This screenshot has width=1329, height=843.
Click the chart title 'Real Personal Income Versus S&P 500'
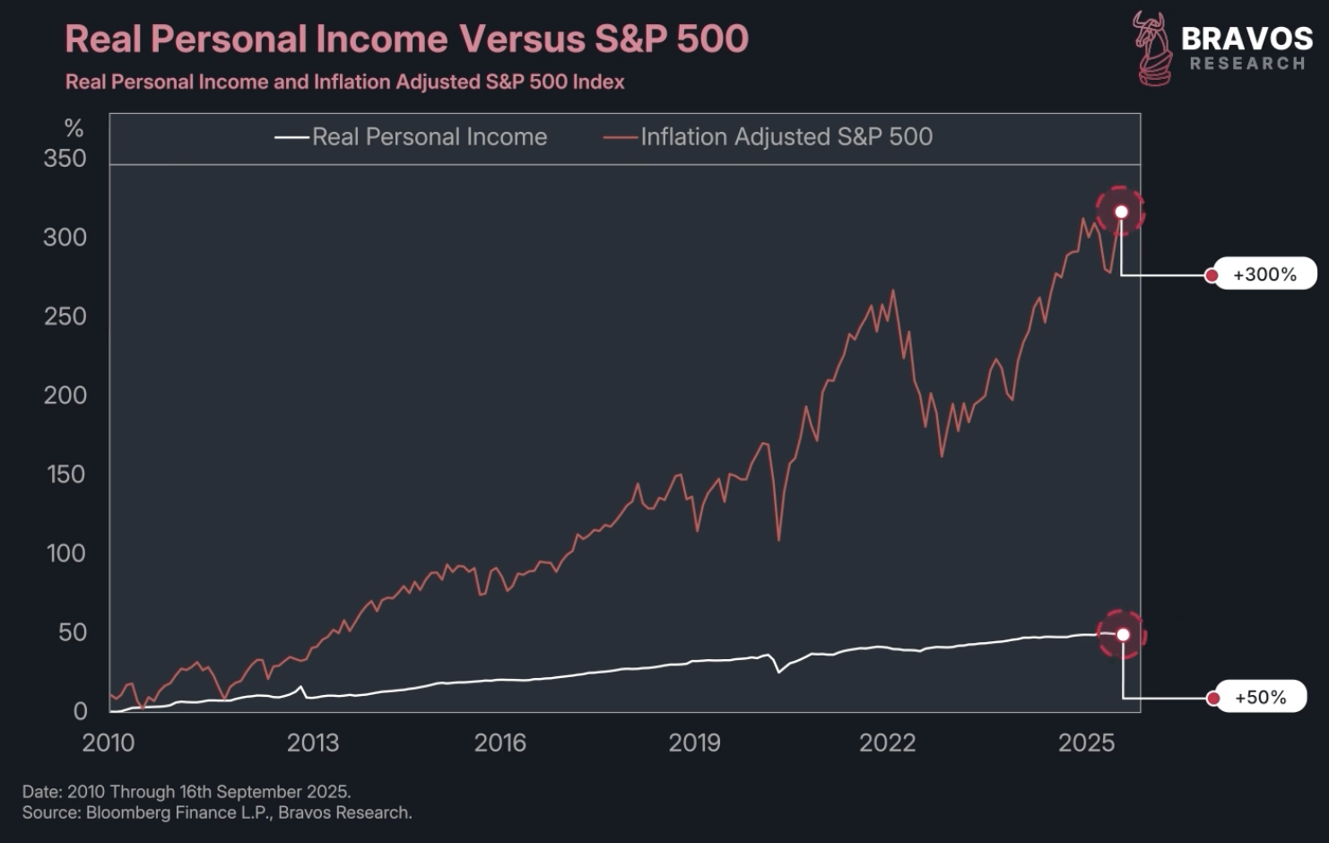(406, 39)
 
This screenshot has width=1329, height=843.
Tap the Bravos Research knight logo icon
(1151, 48)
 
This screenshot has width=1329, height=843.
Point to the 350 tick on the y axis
(65, 159)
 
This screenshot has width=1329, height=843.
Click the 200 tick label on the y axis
(65, 395)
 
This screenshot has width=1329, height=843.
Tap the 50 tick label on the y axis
(73, 632)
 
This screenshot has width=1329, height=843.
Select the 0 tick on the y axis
(80, 711)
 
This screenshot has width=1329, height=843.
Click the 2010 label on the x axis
(109, 743)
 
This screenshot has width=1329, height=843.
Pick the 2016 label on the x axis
(499, 743)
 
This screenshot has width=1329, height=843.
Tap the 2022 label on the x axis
(887, 743)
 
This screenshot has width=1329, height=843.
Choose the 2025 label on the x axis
(1086, 743)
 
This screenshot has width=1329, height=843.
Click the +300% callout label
(1264, 274)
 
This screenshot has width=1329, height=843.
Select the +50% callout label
(1260, 698)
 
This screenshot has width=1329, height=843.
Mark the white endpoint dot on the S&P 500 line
(1121, 212)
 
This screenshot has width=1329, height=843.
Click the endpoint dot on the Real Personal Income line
(1123, 635)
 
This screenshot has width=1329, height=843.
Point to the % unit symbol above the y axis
(74, 129)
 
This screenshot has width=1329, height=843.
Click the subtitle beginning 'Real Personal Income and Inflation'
(345, 83)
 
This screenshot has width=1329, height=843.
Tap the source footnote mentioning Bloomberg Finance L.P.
(217, 813)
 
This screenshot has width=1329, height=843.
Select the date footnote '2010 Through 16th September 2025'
(187, 792)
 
